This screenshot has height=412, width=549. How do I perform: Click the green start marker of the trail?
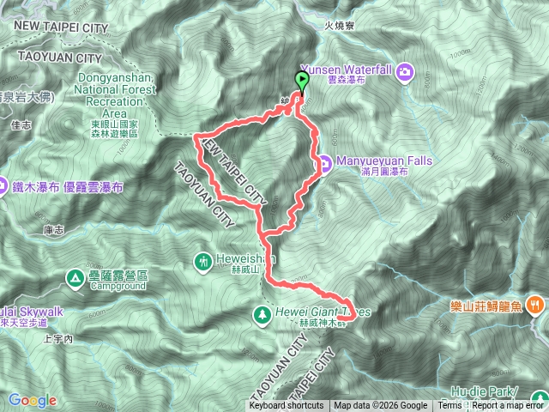pos(302,81)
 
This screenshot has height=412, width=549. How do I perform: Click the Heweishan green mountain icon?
pos(202,259)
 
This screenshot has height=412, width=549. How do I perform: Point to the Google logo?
pos(33,400)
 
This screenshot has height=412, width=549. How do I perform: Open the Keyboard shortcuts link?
pos(287,406)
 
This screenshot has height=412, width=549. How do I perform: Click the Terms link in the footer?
pos(449,406)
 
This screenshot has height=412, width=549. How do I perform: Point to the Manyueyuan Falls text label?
pos(372,161)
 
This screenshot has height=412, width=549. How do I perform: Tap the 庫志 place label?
pos(53,229)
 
